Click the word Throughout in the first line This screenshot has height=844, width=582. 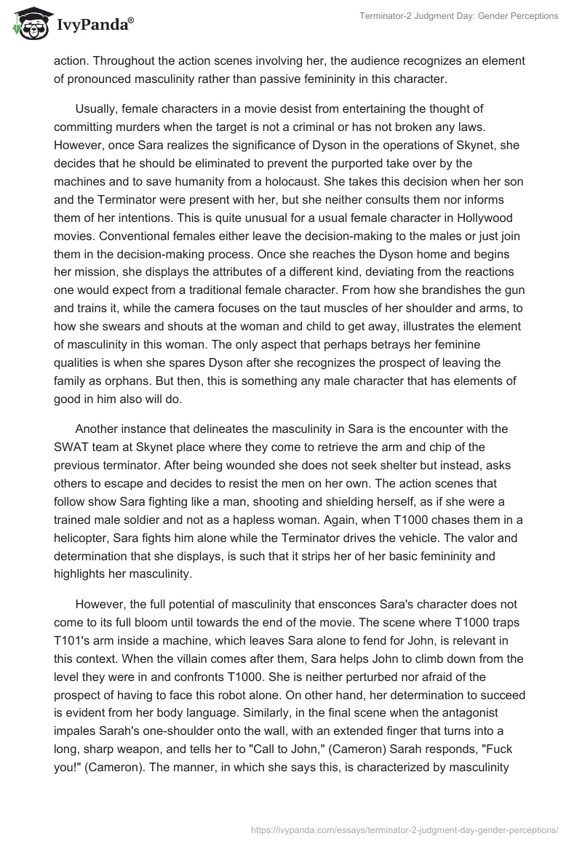click(x=124, y=62)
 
